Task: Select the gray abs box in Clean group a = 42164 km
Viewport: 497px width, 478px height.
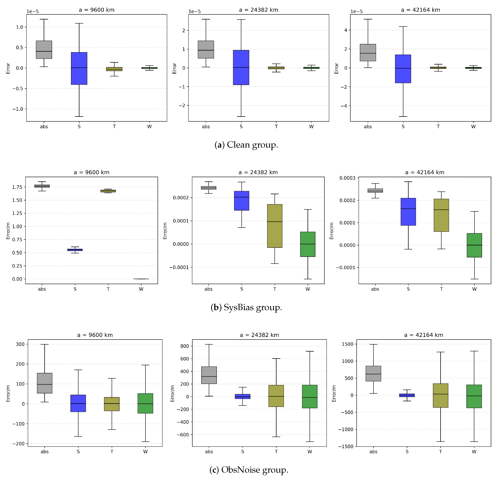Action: pyautogui.click(x=368, y=53)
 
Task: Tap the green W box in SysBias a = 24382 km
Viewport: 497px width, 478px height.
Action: pyautogui.click(x=308, y=244)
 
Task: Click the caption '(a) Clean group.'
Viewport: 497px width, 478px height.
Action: pyautogui.click(x=246, y=145)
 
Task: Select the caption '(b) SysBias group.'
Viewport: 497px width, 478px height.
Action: pyautogui.click(x=246, y=307)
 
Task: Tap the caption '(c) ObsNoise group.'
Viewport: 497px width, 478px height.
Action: pyautogui.click(x=249, y=470)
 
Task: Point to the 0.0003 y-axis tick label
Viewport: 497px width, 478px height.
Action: pyautogui.click(x=347, y=178)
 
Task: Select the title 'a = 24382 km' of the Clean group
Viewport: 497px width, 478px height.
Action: pyautogui.click(x=258, y=10)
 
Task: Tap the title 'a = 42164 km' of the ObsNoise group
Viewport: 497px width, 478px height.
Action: pyautogui.click(x=424, y=335)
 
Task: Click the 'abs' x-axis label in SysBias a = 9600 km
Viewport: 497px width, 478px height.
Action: pyautogui.click(x=42, y=289)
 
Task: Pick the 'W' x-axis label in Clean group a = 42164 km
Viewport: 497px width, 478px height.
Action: pyautogui.click(x=473, y=127)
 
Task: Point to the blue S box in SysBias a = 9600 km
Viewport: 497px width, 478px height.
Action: pyautogui.click(x=75, y=250)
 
